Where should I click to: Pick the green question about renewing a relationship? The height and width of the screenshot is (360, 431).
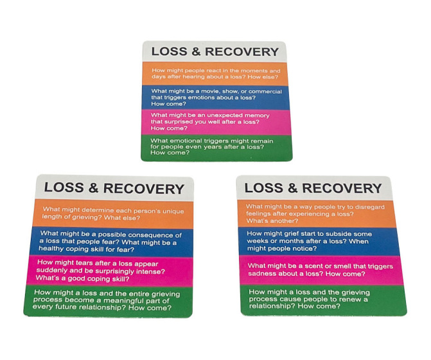pyautogui.click(x=321, y=298)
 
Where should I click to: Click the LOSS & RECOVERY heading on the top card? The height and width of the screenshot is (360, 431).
pyautogui.click(x=215, y=51)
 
